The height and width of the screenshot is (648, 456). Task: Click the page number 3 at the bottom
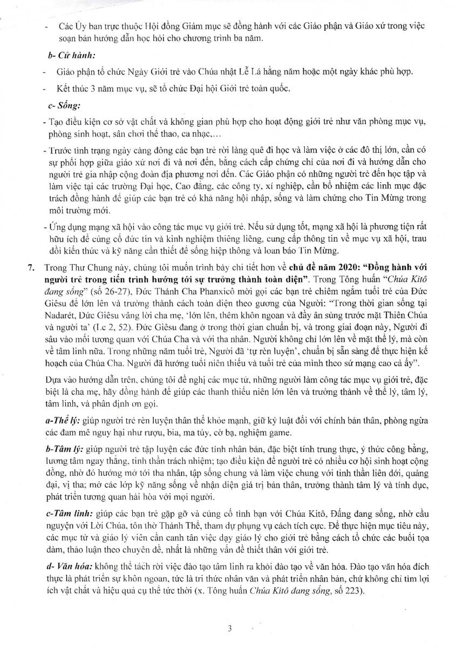(x=229, y=628)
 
